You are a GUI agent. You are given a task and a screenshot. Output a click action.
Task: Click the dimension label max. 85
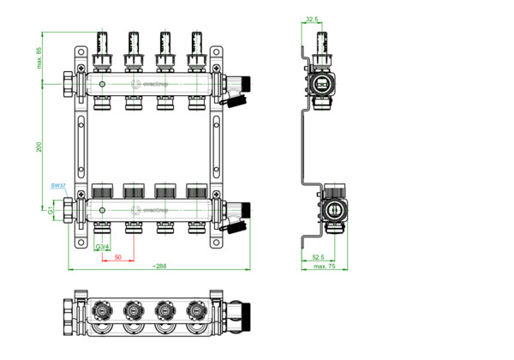(39, 59)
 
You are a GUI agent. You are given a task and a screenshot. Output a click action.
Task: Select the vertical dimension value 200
(39, 147)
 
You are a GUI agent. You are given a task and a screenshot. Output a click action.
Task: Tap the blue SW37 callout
(58, 185)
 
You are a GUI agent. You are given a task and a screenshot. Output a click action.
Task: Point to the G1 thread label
(51, 209)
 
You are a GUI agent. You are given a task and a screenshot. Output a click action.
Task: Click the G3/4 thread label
(102, 249)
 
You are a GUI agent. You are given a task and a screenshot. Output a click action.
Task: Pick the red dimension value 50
(117, 256)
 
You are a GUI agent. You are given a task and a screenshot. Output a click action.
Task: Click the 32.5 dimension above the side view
(313, 18)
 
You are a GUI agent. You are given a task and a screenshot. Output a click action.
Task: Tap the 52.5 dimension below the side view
(317, 256)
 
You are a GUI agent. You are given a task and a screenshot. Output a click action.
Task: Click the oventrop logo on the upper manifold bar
(147, 85)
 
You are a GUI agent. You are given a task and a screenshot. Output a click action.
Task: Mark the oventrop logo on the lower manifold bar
(147, 209)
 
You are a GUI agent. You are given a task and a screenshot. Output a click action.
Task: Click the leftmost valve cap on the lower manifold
(103, 190)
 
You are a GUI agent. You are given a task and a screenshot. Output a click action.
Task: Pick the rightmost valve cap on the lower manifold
(196, 190)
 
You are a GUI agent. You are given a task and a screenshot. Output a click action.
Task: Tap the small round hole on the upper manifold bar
(102, 85)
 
